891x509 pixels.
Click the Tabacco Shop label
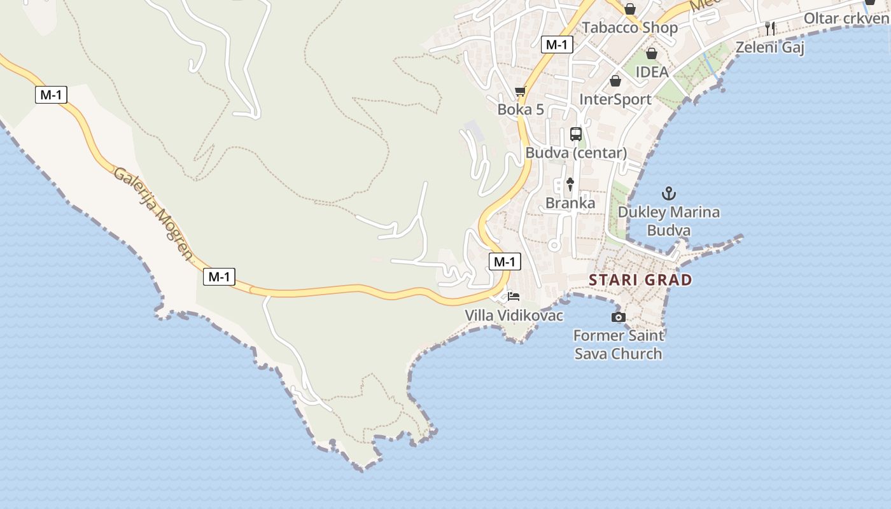coord(630,28)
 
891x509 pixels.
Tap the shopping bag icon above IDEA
coord(651,53)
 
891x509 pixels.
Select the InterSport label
coord(615,99)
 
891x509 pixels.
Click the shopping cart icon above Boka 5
coord(521,92)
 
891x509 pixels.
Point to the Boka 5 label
coord(521,109)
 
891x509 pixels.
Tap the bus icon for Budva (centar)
coord(576,134)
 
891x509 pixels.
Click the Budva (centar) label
coord(576,153)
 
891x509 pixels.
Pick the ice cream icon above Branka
coord(570,185)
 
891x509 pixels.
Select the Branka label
coord(570,203)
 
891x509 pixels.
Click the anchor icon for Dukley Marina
coord(669,193)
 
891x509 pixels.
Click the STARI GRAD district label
coord(640,280)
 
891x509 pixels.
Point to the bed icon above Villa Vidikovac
coord(514,296)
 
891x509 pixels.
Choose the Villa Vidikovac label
coord(514,315)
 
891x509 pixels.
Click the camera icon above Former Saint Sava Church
coord(618,317)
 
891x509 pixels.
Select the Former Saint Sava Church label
coord(618,344)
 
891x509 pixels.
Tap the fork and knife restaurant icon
coord(770,28)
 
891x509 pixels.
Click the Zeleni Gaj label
coord(770,47)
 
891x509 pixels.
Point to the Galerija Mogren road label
coord(153,214)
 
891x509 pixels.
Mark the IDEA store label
coord(652,72)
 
